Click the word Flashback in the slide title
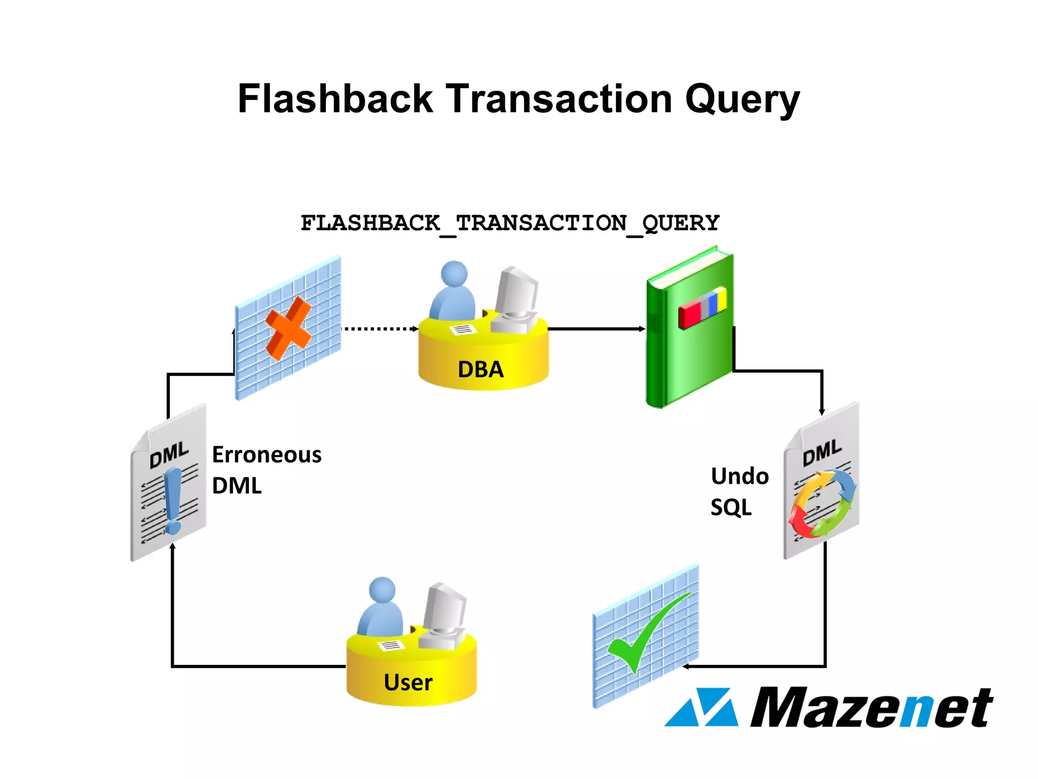[x=335, y=98]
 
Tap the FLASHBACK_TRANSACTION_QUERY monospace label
[x=510, y=223]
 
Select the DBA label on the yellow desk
[x=480, y=369]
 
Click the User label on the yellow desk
[x=408, y=682]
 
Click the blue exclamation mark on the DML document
[x=173, y=500]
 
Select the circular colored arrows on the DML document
[x=822, y=503]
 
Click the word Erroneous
[x=267, y=454]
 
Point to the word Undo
[x=739, y=476]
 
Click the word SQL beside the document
[x=731, y=507]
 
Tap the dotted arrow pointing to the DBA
[x=380, y=329]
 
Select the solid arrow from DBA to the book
[x=596, y=329]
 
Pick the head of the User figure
[x=382, y=591]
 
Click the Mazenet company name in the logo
[x=871, y=707]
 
